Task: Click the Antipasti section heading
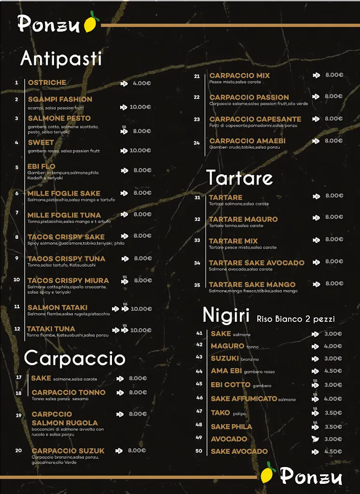click(61, 59)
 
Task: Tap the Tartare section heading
click(239, 178)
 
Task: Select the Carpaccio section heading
click(75, 358)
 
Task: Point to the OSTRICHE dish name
click(47, 82)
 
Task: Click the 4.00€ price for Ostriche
click(142, 83)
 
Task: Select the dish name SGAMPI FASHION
click(60, 99)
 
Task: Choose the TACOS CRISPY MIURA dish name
click(68, 281)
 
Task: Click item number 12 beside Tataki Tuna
click(17, 329)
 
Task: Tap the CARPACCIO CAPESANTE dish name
click(255, 119)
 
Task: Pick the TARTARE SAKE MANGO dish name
click(252, 285)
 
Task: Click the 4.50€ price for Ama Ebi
click(333, 371)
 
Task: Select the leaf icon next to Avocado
click(315, 439)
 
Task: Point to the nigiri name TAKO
click(220, 413)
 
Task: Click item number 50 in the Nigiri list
click(199, 451)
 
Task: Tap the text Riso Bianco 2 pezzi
click(295, 319)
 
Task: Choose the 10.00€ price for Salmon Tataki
click(141, 309)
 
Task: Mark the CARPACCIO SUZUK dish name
click(68, 451)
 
